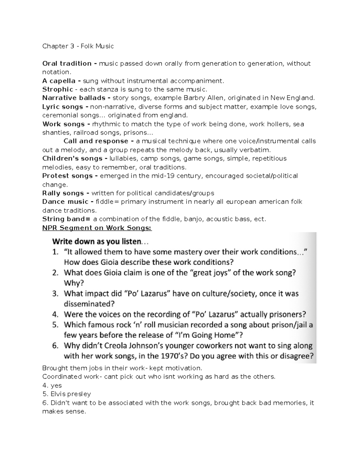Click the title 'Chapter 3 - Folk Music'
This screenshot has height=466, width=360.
(78, 46)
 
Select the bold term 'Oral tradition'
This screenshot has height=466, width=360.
(67, 64)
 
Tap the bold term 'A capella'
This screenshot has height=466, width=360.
(59, 81)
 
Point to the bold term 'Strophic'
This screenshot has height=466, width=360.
(58, 89)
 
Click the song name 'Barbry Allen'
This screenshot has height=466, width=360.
(205, 98)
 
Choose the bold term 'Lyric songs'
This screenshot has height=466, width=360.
(63, 107)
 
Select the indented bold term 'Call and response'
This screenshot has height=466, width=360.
(96, 141)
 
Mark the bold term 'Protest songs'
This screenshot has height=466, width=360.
(67, 176)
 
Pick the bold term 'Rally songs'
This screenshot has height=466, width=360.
(63, 193)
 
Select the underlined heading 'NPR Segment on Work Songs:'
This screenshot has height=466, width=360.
(97, 228)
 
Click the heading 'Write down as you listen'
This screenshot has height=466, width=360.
(97, 241)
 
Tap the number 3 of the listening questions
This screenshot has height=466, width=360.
(55, 293)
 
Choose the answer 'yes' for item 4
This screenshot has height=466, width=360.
(56, 385)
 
